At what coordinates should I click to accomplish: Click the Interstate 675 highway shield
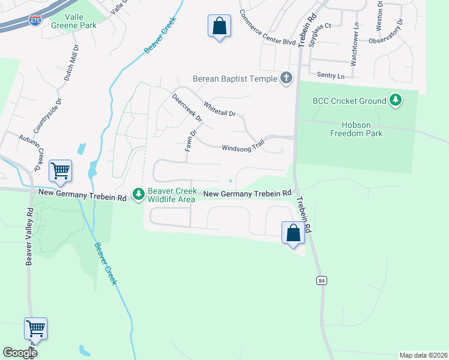click(x=35, y=21)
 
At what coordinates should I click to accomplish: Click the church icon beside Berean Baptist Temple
click(x=286, y=78)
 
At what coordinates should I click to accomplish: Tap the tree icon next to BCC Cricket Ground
click(x=395, y=100)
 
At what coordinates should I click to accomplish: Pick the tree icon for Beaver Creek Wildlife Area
click(x=139, y=194)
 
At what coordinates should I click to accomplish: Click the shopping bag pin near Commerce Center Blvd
click(x=219, y=26)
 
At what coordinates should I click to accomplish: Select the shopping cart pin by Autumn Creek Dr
click(x=60, y=172)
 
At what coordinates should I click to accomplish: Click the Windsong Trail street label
click(x=243, y=148)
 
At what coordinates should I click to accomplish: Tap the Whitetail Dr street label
click(x=220, y=109)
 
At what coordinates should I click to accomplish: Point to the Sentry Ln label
click(x=332, y=76)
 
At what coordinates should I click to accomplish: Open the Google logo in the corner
click(x=20, y=353)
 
